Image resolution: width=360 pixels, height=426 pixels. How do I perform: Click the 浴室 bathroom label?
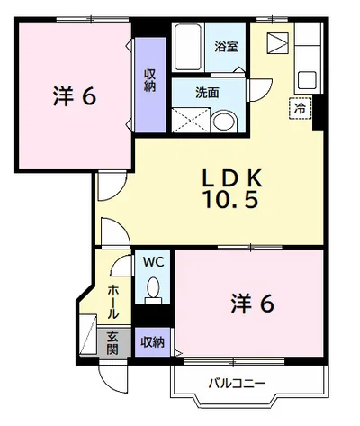[226, 47]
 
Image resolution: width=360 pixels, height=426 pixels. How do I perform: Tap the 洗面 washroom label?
[207, 93]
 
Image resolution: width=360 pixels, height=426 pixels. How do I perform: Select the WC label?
[153, 262]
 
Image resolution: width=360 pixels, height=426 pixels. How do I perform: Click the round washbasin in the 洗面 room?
[224, 122]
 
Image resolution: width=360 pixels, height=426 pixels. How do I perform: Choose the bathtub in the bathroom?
[188, 47]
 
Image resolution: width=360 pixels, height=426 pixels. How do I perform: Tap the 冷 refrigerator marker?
[301, 108]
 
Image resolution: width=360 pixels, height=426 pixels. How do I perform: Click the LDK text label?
[232, 178]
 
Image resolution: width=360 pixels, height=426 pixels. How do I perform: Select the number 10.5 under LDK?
[231, 200]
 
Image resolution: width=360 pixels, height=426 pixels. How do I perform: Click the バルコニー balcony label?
[237, 384]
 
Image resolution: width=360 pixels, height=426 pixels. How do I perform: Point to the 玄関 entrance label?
[112, 343]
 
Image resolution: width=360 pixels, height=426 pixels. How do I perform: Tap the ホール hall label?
[113, 302]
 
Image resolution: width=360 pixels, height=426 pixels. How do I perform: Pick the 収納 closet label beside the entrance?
[153, 342]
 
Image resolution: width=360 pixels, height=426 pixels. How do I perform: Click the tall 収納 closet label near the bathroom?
[149, 80]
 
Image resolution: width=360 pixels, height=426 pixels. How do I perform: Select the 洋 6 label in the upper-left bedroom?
[75, 96]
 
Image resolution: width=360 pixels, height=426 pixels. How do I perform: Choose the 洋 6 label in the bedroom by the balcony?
[253, 304]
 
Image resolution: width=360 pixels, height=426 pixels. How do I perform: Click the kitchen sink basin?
[307, 80]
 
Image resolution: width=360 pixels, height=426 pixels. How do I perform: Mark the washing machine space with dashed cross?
[191, 120]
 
